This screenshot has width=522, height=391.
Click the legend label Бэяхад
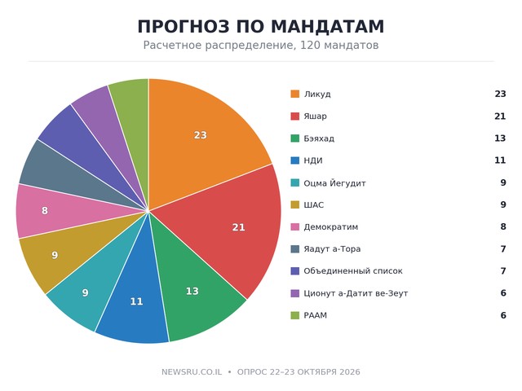tap(319, 138)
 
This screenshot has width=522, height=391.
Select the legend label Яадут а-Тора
tap(332, 249)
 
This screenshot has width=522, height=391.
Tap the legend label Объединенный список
tap(353, 271)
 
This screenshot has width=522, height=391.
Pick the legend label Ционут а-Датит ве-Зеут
tap(356, 293)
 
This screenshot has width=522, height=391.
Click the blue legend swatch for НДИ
tap(295, 160)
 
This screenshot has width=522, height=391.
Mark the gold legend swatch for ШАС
tap(295, 204)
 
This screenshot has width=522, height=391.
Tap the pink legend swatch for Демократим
tap(295, 226)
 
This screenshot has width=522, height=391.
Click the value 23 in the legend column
tap(500, 94)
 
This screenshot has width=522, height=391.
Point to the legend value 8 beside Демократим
tap(503, 226)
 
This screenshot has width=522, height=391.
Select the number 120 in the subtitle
tap(310, 45)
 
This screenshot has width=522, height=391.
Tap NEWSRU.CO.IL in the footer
tap(192, 371)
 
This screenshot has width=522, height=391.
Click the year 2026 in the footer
tap(350, 371)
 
